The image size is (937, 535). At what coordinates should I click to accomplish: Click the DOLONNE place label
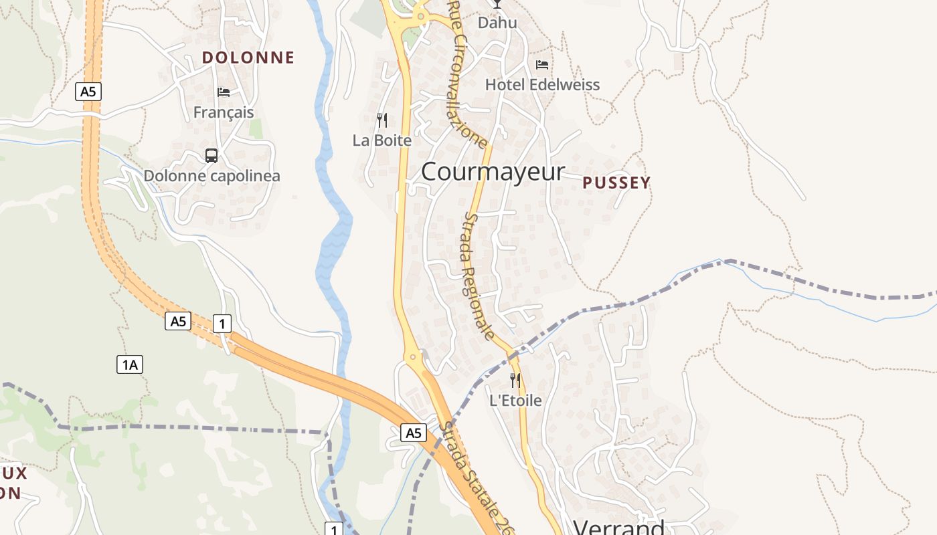click(x=248, y=58)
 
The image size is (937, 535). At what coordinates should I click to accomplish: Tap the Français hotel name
click(x=224, y=112)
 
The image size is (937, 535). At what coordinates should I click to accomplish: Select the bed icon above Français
click(x=224, y=92)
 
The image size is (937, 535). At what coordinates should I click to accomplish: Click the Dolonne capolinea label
click(x=211, y=176)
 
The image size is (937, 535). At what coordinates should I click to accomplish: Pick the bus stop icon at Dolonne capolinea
click(x=211, y=156)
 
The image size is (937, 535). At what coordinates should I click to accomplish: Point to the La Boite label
click(x=382, y=140)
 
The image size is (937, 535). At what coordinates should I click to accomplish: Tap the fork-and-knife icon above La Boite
click(x=382, y=120)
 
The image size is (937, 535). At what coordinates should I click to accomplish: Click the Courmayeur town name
click(x=493, y=172)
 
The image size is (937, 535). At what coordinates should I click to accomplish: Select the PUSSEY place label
click(x=616, y=183)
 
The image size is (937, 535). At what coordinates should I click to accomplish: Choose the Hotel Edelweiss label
click(x=542, y=85)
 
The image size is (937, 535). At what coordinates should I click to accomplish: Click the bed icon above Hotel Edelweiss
click(x=542, y=65)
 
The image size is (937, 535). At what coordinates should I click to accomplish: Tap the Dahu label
click(x=497, y=23)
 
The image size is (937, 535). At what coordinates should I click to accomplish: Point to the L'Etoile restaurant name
click(x=515, y=401)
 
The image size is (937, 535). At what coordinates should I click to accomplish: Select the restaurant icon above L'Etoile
click(x=515, y=381)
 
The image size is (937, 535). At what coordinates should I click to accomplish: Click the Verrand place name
click(x=619, y=527)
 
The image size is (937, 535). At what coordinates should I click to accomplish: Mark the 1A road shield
click(x=130, y=364)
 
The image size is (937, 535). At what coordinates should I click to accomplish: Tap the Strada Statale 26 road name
click(x=479, y=479)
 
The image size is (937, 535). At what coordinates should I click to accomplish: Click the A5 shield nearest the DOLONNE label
click(x=88, y=92)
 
